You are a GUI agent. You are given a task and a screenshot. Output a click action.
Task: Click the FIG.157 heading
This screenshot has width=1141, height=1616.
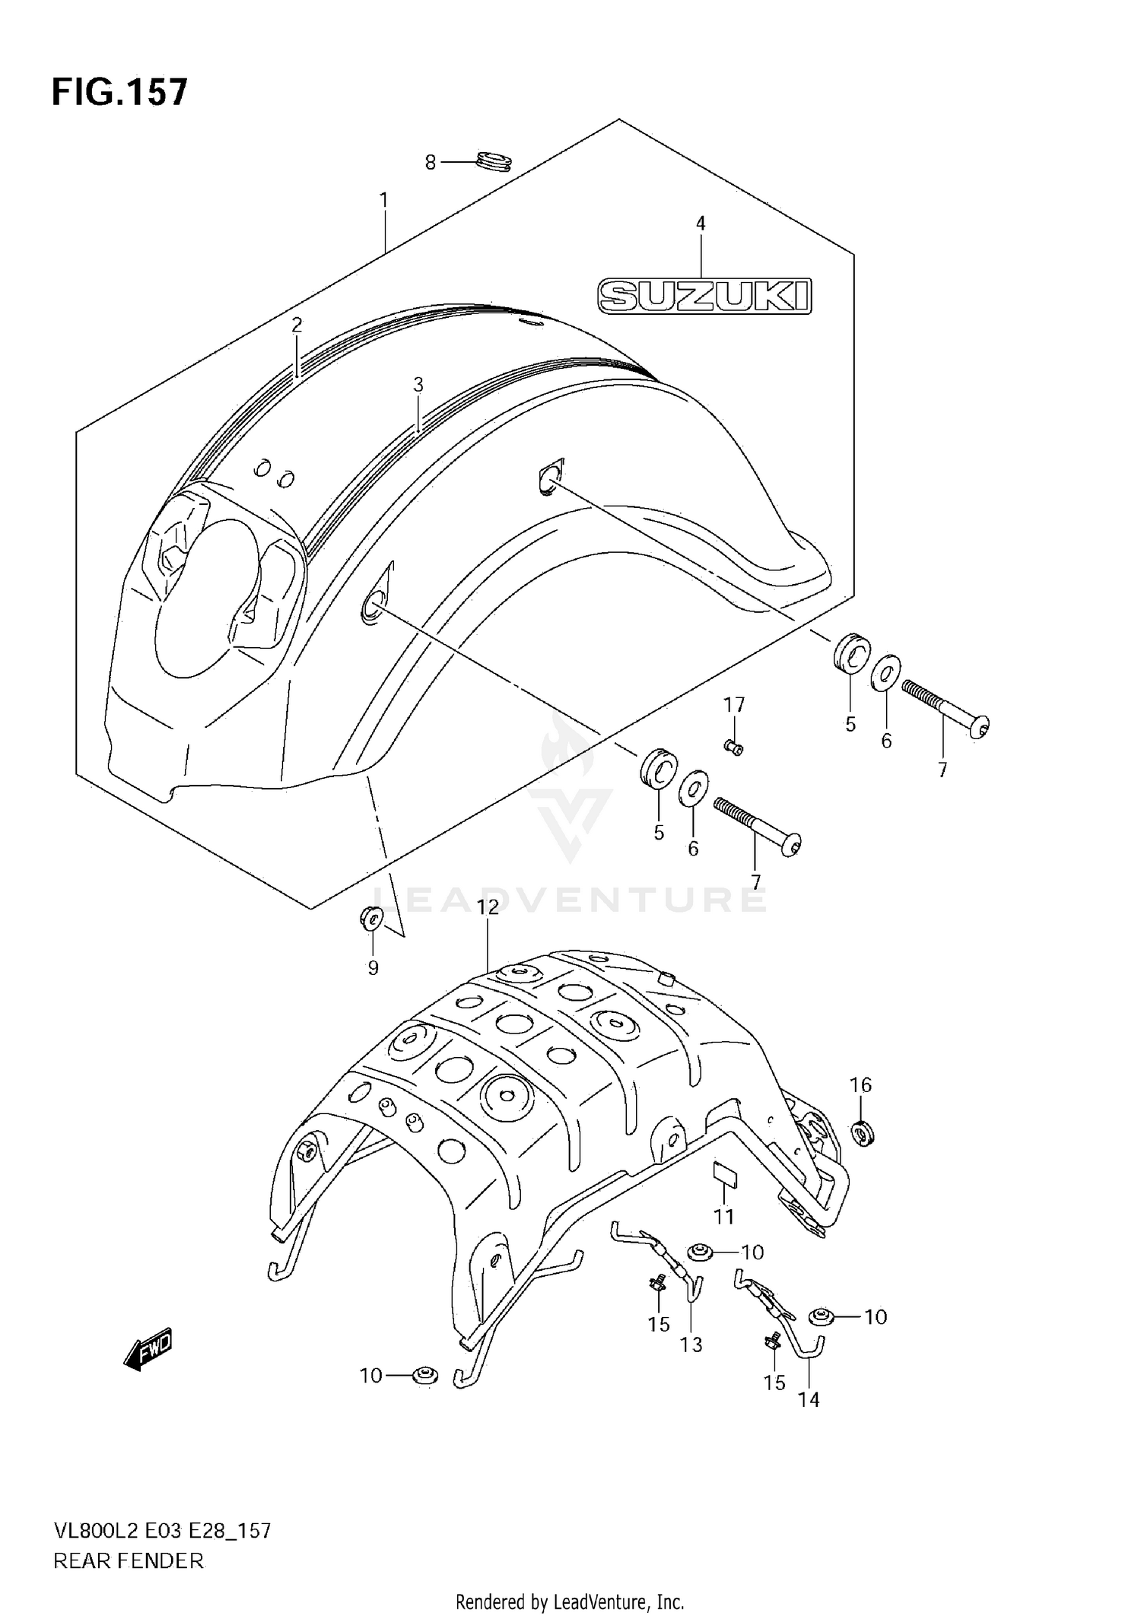(x=119, y=92)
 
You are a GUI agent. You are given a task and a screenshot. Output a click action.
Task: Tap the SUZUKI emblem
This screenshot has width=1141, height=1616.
(x=704, y=296)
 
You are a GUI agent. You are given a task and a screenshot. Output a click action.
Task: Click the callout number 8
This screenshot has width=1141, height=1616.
(x=431, y=163)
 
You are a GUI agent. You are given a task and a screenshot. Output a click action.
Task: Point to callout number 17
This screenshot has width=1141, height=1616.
(x=734, y=705)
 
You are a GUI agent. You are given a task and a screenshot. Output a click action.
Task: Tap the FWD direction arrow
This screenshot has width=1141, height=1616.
(x=149, y=1349)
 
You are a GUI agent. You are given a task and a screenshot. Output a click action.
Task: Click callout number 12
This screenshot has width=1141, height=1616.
(x=488, y=906)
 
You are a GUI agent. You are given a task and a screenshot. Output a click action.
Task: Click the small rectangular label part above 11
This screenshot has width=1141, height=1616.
(x=725, y=1174)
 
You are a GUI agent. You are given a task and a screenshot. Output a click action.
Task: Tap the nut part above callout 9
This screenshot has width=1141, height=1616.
(x=372, y=919)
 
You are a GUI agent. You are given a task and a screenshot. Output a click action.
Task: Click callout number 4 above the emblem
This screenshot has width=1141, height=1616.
(x=701, y=224)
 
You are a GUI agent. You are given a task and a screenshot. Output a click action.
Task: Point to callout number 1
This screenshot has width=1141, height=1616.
(x=384, y=200)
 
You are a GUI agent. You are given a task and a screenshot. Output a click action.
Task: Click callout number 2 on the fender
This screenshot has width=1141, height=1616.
(x=297, y=325)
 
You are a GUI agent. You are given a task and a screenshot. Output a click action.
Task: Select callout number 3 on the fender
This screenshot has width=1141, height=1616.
(x=418, y=385)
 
